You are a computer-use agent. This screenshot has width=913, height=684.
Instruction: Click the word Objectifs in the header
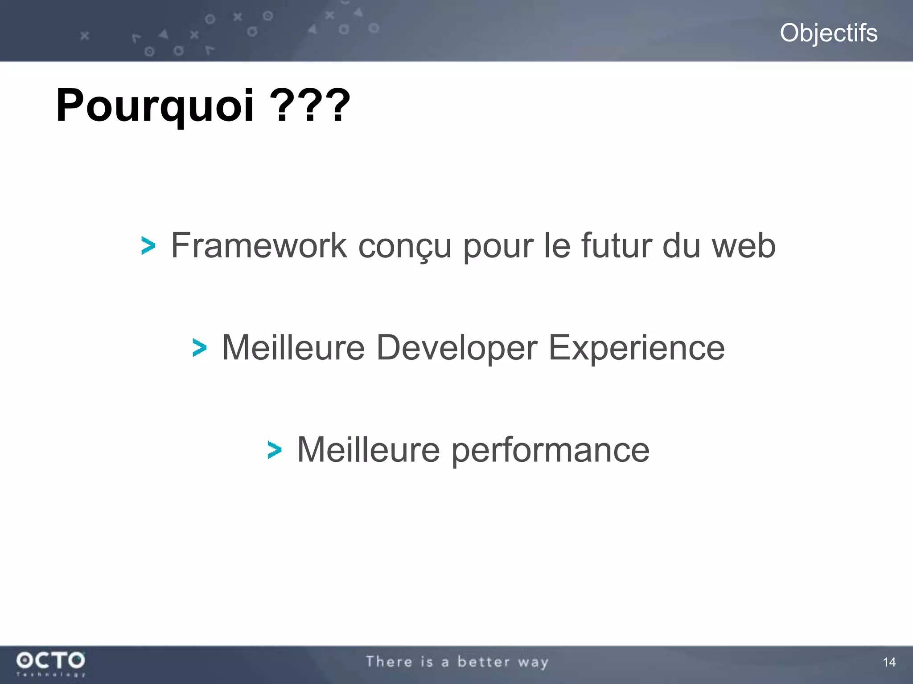click(x=828, y=33)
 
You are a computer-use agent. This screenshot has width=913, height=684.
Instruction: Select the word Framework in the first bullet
click(x=259, y=245)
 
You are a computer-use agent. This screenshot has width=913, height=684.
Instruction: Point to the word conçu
click(x=405, y=246)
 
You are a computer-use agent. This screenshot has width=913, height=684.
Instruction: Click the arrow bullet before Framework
click(x=148, y=246)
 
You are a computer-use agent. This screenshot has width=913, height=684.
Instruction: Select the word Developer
click(x=456, y=347)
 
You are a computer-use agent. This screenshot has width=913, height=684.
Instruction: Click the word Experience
click(x=636, y=347)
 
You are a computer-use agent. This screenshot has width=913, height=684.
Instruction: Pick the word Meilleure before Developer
click(x=293, y=347)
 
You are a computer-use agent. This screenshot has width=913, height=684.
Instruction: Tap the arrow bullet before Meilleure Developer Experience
click(x=199, y=348)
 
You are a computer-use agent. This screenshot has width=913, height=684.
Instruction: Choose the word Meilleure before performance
click(x=368, y=450)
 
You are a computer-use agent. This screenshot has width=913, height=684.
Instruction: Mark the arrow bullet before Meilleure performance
click(x=274, y=450)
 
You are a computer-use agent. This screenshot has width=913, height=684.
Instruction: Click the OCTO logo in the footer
click(x=50, y=663)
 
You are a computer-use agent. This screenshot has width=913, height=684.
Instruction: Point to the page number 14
click(x=889, y=662)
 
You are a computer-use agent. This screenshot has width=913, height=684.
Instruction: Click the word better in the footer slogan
click(x=483, y=662)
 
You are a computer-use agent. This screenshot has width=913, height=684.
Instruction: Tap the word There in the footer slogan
click(x=389, y=662)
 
